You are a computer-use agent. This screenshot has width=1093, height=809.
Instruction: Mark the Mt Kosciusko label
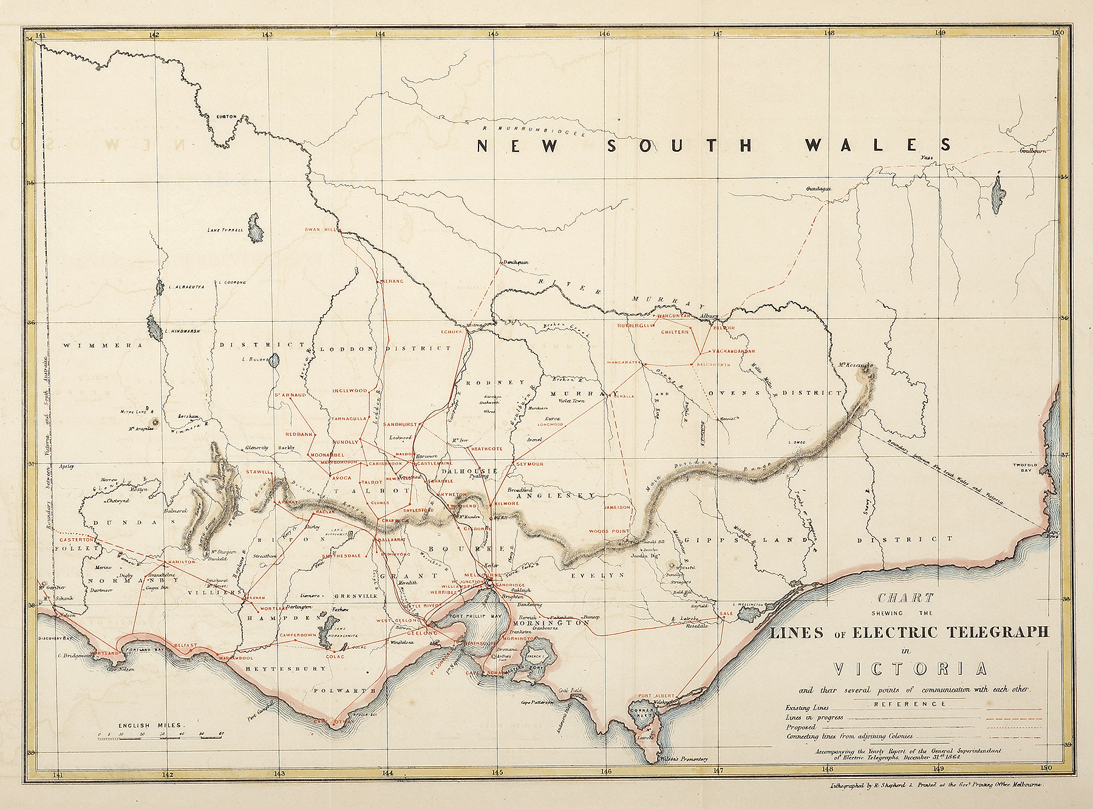857,366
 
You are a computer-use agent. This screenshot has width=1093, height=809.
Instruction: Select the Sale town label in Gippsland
726,614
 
